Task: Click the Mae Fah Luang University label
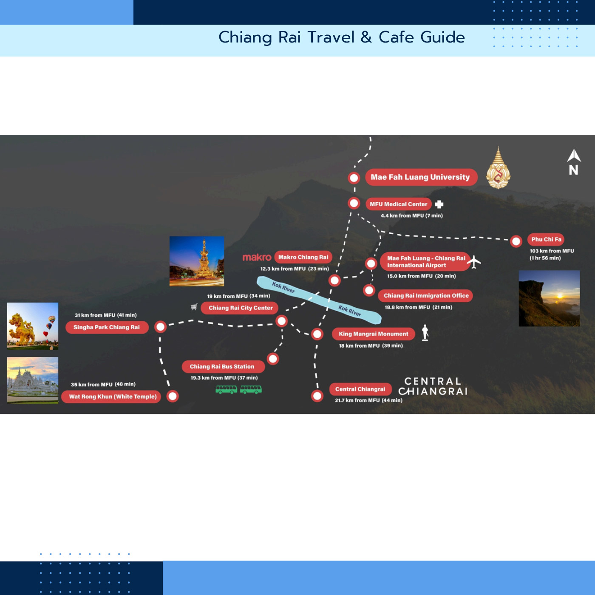(x=421, y=177)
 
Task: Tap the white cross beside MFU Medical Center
(x=439, y=204)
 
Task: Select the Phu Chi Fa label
(x=546, y=239)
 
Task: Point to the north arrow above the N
(x=574, y=155)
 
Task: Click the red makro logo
(x=257, y=257)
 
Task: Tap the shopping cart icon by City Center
(x=194, y=306)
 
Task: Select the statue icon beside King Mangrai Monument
(x=425, y=333)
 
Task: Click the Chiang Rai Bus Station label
(x=223, y=366)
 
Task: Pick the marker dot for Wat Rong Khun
(x=173, y=396)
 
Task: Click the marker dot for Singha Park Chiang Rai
(x=160, y=327)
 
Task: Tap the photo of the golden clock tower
(x=197, y=261)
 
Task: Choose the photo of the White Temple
(x=33, y=380)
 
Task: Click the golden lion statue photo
(x=33, y=326)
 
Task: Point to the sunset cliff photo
(x=549, y=298)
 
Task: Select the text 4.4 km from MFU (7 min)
(x=411, y=215)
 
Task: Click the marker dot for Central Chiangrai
(x=317, y=396)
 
